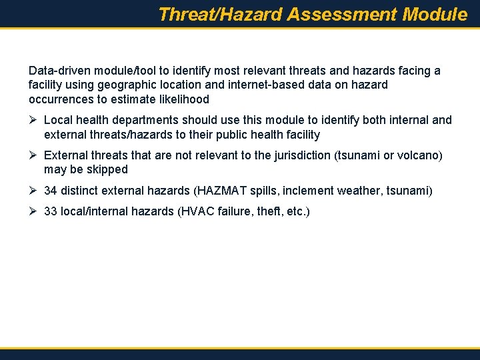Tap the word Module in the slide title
pos(435,15)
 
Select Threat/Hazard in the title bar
pos(221,15)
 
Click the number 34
pos(50,191)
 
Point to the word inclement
pos(308,191)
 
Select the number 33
pos(50,212)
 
